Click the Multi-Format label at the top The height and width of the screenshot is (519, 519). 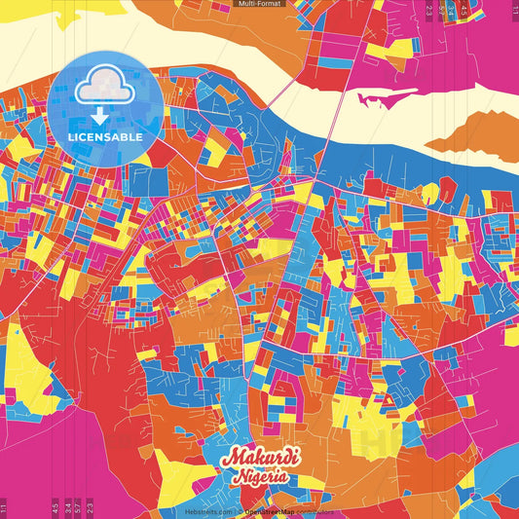259,5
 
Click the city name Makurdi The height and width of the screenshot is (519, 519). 260,459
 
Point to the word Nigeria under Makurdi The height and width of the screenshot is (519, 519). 259,477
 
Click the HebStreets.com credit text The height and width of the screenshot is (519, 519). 208,511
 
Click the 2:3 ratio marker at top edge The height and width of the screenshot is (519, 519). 429,11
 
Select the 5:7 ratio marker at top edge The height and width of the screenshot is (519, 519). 441,11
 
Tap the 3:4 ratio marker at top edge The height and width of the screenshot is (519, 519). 453,11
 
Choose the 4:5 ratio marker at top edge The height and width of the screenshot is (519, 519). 464,11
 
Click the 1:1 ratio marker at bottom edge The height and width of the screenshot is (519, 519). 4,507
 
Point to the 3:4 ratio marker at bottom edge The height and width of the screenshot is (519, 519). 66,507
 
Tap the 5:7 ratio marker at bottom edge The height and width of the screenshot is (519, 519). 78,507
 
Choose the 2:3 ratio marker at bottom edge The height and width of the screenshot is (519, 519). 90,507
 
